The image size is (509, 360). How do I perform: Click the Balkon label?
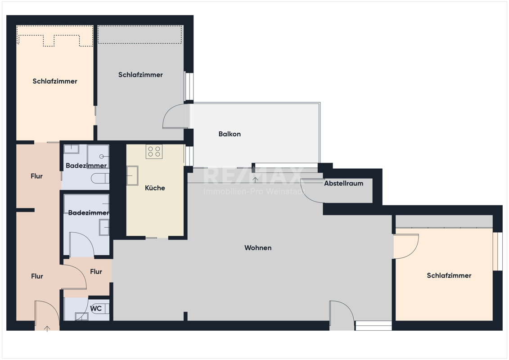click(230, 134)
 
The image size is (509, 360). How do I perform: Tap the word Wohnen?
click(258, 247)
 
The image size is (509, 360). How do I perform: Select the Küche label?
click(155, 188)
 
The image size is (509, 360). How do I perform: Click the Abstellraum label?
click(343, 184)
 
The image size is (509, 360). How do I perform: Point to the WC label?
click(96, 308)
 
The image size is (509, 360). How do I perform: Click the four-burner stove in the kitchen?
click(154, 152)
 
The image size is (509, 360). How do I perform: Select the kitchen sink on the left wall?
click(132, 175)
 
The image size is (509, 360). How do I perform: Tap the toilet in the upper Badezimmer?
click(100, 178)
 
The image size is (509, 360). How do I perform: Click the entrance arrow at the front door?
click(47, 328)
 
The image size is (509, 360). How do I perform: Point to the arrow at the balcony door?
click(256, 180)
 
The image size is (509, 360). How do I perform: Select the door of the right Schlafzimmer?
click(406, 247)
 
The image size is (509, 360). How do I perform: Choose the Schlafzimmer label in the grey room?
click(140, 75)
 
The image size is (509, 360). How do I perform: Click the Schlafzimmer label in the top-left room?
click(55, 81)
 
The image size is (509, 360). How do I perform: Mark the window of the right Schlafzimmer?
click(495, 251)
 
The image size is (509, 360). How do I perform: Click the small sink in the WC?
click(81, 316)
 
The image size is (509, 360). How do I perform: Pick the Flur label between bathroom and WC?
click(96, 271)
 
